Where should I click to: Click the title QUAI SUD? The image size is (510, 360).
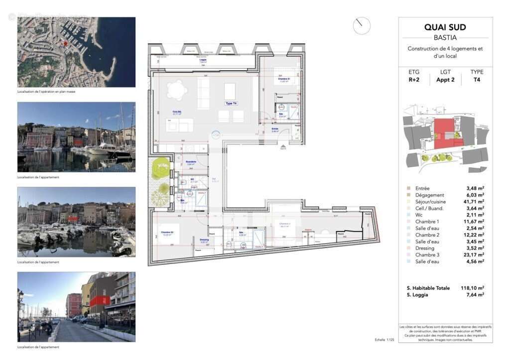[445, 27]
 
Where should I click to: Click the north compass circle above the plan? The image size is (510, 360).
[362, 26]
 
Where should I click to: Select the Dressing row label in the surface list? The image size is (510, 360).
[425, 248]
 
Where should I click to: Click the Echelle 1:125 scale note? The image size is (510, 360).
[384, 340]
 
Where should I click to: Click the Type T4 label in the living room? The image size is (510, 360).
[232, 103]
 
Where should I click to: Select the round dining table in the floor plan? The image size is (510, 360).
[176, 91]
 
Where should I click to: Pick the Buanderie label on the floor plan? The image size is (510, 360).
[191, 162]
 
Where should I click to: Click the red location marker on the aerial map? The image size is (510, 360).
[65, 43]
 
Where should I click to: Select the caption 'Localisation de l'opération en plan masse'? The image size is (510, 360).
[46, 92]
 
